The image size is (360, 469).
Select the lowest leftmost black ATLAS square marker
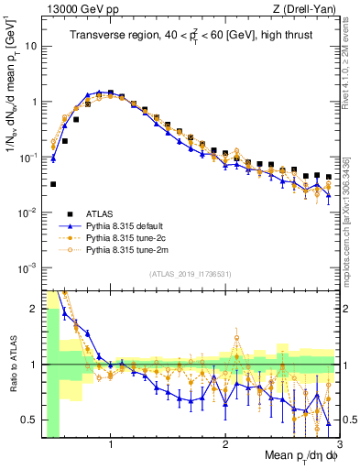(53, 184)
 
